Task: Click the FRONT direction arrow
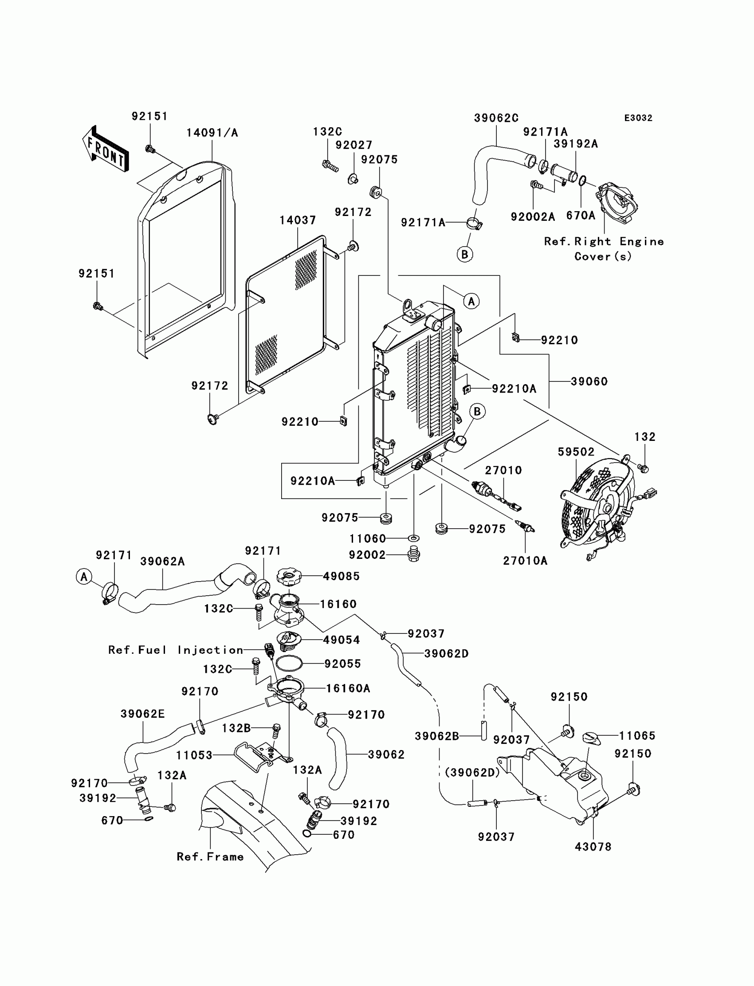coord(105,149)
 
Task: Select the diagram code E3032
coord(638,118)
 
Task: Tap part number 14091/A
coord(212,133)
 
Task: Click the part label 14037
coord(298,220)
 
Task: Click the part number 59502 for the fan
coord(576,452)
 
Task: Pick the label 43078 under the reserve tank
coord(593,847)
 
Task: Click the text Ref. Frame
coord(210,857)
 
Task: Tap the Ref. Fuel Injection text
coord(176,650)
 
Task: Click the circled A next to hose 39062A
coord(83,577)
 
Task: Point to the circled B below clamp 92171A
coord(465,255)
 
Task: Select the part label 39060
coord(589,381)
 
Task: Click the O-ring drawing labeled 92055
coord(289,663)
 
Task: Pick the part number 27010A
coord(525,561)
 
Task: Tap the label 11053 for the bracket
coord(194,755)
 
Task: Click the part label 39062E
coord(143,714)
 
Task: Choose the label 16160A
coord(348,688)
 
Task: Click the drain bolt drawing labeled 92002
coord(413,555)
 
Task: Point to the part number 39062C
coord(496,118)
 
